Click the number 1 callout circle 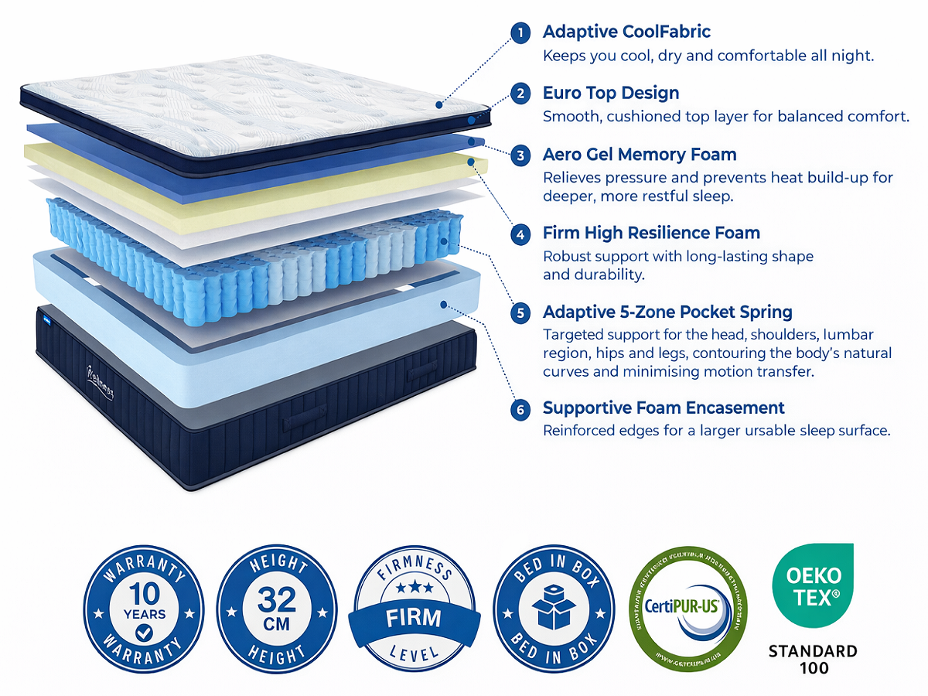pos(521,32)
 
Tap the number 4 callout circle pos(521,234)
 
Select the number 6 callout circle pos(521,408)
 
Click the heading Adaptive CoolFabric pos(626,32)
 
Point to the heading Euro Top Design pos(611,93)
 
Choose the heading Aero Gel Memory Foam pos(640,154)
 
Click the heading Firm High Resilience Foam pos(651,233)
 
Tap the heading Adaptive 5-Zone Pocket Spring pos(667,312)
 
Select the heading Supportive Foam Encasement pos(664,408)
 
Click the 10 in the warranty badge pos(144,593)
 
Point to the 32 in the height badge pos(277,598)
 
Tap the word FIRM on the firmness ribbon pos(414,618)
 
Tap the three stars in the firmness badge pos(414,589)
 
